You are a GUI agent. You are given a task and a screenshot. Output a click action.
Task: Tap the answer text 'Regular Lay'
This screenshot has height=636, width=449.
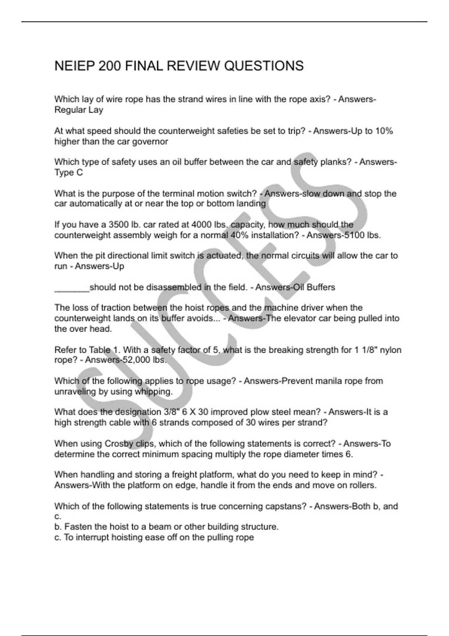point(79,110)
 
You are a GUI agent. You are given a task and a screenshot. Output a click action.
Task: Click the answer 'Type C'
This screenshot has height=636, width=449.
point(68,172)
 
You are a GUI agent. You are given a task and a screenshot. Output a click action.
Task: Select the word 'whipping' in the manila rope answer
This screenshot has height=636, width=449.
point(153,392)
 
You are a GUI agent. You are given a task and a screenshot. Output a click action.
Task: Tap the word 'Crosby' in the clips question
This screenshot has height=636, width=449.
point(119,444)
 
